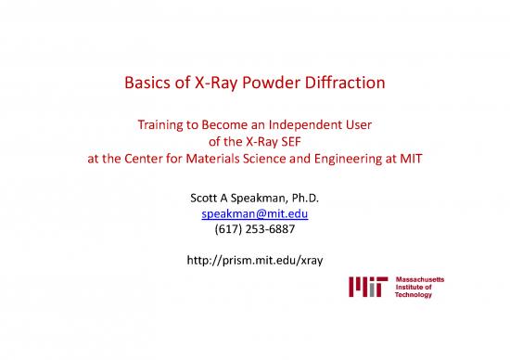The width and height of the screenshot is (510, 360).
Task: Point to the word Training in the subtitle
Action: point(163,122)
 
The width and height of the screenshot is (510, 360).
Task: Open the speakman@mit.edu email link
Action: point(254,213)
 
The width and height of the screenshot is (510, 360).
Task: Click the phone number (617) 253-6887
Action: point(254,230)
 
